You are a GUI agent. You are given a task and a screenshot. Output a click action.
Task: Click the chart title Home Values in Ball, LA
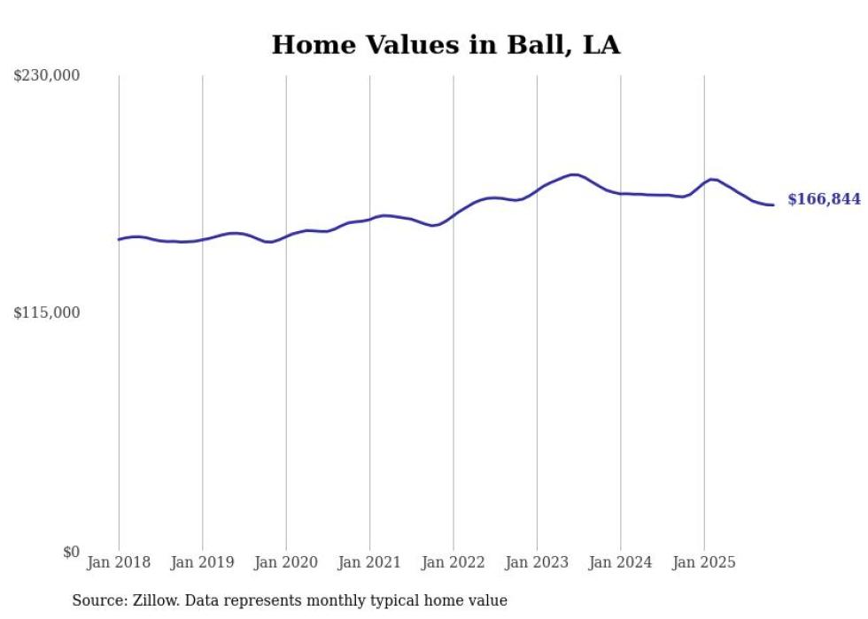[446, 45]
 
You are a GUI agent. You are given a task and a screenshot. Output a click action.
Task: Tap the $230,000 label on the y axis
[47, 76]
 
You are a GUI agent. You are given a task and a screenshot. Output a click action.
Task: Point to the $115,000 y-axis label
[47, 313]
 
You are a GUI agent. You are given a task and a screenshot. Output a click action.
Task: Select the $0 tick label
[71, 552]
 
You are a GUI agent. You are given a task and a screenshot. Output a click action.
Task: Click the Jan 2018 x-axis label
[119, 562]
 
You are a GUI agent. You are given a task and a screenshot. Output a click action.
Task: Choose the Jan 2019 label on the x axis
[202, 562]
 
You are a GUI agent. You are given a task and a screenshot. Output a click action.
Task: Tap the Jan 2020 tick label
[286, 562]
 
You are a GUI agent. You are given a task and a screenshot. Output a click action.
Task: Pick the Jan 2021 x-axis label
[369, 562]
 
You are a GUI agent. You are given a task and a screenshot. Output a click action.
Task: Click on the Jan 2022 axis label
[453, 562]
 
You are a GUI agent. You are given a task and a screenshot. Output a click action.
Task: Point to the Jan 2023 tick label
[537, 562]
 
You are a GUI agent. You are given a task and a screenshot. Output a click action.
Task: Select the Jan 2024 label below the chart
[621, 562]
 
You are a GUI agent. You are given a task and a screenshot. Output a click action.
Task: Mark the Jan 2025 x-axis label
[704, 562]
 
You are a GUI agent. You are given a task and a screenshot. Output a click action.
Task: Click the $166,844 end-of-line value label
[824, 199]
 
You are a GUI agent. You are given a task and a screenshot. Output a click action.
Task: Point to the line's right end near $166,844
[773, 205]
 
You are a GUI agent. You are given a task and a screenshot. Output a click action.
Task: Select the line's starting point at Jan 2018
[119, 239]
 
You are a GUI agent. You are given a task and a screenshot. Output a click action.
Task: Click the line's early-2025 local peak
[712, 179]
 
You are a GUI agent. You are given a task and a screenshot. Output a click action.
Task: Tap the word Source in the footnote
[98, 600]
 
